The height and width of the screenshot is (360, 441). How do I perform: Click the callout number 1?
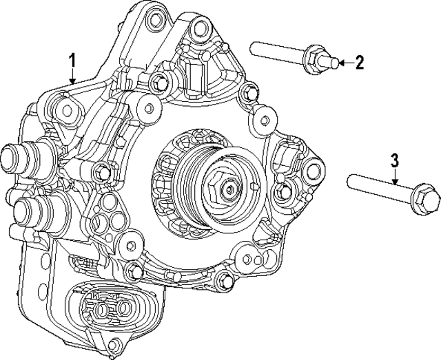pos(72,61)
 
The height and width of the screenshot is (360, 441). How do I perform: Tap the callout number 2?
pos(359,63)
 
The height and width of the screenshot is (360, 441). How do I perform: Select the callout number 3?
pos(395,161)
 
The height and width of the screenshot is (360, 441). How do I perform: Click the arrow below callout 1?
pos(73,76)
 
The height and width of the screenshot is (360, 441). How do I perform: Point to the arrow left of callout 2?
pos(347,63)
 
